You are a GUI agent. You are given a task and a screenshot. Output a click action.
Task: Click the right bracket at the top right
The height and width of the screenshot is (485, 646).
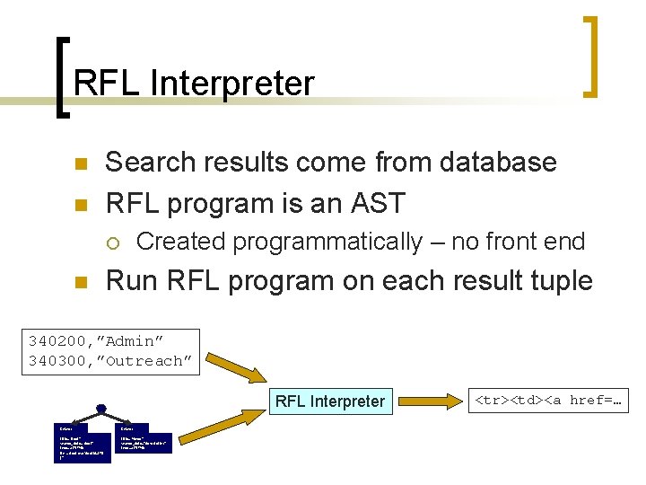pyautogui.click(x=591, y=56)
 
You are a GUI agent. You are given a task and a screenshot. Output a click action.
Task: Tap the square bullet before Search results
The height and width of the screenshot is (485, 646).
pyautogui.click(x=80, y=164)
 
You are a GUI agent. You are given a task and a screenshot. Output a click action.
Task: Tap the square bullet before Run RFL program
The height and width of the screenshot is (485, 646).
pyautogui.click(x=80, y=283)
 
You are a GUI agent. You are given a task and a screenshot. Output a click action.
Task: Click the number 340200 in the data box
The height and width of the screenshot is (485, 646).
pyautogui.click(x=57, y=341)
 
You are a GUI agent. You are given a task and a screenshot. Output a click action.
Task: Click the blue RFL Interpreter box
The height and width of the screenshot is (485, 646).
pyautogui.click(x=329, y=401)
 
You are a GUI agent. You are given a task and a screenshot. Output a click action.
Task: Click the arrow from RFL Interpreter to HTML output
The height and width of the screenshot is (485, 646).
pyautogui.click(x=427, y=401)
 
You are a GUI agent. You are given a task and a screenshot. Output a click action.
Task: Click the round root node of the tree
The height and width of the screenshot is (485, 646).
pyautogui.click(x=100, y=410)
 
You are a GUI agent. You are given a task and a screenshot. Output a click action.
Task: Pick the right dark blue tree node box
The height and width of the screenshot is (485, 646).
pyautogui.click(x=143, y=437)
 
